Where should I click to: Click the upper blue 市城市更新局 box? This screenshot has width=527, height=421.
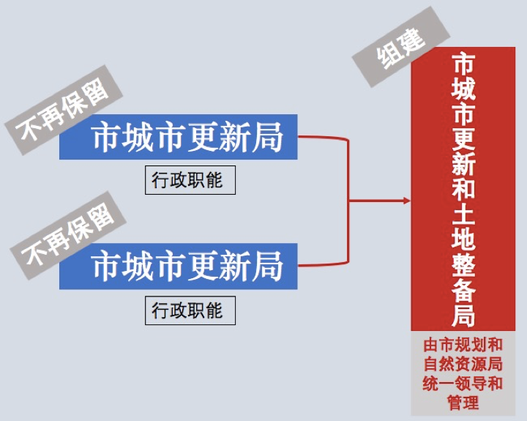click(178, 136)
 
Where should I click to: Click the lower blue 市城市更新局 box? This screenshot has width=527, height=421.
click(178, 266)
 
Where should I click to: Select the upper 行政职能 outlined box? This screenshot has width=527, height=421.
click(190, 180)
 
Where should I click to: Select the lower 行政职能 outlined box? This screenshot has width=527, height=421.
click(190, 310)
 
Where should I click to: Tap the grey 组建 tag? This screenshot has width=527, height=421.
click(401, 48)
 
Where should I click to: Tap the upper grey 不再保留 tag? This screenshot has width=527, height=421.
click(64, 110)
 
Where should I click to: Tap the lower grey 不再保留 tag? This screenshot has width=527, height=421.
click(68, 235)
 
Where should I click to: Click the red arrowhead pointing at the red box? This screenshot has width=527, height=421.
click(407, 201)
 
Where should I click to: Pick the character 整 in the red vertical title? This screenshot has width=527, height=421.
click(463, 265)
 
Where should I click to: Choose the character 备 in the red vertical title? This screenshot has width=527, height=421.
click(463, 290)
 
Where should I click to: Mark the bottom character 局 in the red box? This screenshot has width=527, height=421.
click(463, 316)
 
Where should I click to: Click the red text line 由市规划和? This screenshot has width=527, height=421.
click(463, 346)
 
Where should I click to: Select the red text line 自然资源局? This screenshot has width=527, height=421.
click(463, 364)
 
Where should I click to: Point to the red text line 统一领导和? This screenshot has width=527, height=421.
click(463, 384)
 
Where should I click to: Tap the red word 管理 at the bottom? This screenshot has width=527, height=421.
click(463, 403)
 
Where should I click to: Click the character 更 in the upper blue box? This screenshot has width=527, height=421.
click(202, 137)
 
